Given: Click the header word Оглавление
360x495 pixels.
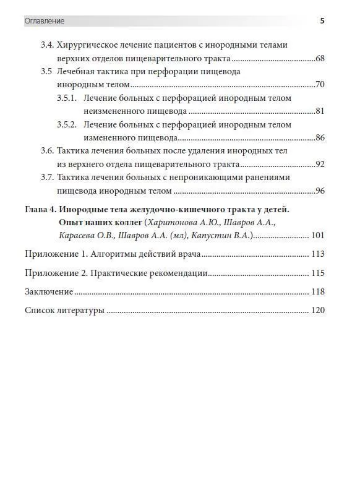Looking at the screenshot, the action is pos(44,21).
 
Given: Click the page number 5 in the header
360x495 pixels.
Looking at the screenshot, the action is pos(322,21).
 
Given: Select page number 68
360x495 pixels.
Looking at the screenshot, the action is pos(320,58).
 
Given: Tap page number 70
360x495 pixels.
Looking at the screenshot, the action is pos(320,85).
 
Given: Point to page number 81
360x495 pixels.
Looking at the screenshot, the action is pos(320,111).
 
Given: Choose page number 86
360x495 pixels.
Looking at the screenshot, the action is pos(320,137).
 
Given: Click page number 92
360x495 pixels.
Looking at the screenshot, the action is pos(320,164).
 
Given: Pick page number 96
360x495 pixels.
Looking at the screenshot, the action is pos(320,191).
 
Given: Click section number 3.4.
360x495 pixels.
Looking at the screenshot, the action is pos(47,45).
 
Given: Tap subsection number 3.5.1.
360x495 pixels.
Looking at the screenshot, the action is pos(67,98).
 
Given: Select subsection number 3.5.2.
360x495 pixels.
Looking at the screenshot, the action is pos(67,124).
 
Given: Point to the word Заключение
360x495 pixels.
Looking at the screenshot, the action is pos(49,292).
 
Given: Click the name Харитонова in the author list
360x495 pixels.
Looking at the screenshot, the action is pos(171,222).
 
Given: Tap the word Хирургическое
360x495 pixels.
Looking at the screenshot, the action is pos(90,45).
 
